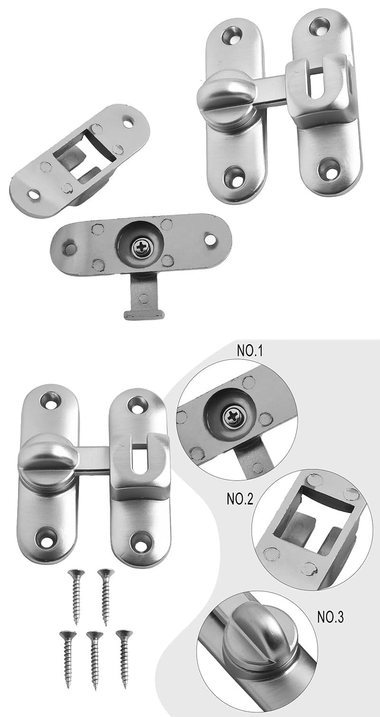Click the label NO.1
click(249, 351)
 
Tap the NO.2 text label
click(240, 499)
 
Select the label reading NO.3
click(331, 617)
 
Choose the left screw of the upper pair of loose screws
click(76, 597)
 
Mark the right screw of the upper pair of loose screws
click(105, 597)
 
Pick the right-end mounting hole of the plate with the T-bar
click(209, 240)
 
